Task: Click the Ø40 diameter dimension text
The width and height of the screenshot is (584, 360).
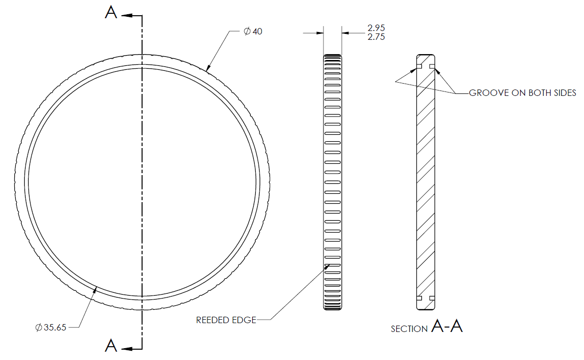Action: pos(253,31)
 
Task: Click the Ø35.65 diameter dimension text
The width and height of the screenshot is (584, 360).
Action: pos(51,328)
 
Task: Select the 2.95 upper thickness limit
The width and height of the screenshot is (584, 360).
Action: pos(376,28)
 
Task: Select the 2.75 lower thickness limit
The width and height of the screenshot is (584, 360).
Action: pos(376,37)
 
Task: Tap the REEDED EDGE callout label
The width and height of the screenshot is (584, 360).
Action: pos(226,320)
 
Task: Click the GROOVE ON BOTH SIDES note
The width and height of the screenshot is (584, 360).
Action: pos(523,93)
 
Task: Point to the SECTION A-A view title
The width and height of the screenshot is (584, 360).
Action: pos(427,327)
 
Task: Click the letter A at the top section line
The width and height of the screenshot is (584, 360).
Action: pos(111,13)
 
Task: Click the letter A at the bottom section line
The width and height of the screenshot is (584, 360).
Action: pos(111,346)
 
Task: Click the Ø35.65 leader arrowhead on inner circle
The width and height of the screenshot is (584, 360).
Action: pos(96,288)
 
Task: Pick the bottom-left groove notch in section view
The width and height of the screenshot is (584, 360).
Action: pos(419,298)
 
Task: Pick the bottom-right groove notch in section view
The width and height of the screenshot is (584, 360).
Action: pos(432,298)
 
